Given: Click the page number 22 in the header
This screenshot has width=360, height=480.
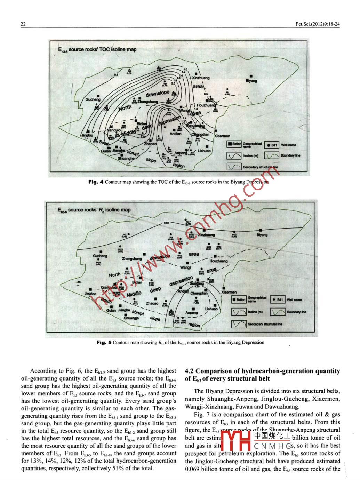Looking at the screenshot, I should click(23, 24).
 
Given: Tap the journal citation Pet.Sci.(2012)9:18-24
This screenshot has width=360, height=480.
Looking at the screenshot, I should click(317, 24).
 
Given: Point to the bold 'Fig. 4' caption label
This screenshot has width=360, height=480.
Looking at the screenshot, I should click(96, 182).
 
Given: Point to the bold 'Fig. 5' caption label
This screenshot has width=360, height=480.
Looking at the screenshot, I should click(104, 342).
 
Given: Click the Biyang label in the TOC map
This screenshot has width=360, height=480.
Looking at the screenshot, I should click(251, 81).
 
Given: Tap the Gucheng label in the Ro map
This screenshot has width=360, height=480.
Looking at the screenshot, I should click(100, 256).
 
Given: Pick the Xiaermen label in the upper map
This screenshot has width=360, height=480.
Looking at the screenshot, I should click(222, 136).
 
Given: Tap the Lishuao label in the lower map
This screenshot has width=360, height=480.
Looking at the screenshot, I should click(211, 309).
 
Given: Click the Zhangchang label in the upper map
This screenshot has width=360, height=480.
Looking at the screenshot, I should click(147, 102).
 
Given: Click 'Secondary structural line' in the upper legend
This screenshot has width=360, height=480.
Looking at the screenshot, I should click(261, 167).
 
